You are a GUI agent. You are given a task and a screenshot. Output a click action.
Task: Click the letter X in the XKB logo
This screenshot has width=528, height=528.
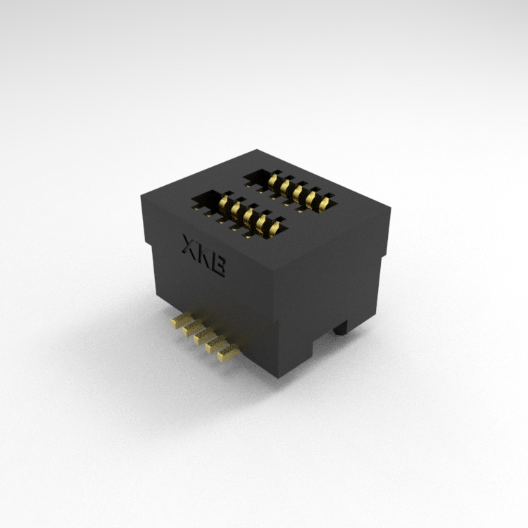[x=189, y=245]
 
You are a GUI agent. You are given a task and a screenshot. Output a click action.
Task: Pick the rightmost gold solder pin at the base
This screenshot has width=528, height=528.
[x=228, y=354]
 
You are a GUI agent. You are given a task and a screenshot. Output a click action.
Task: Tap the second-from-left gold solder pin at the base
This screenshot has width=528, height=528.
[x=193, y=327]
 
